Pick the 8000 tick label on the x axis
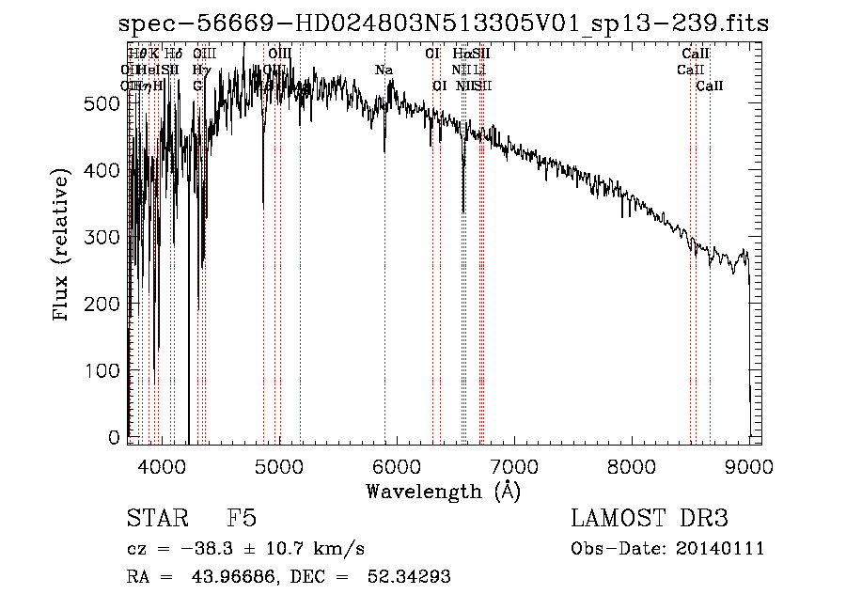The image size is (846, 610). [x=631, y=466]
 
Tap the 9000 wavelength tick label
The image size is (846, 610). [x=747, y=466]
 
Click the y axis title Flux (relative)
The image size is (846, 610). [x=63, y=247]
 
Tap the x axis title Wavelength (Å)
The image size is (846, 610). [x=443, y=491]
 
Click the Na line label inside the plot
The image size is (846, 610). [x=384, y=70]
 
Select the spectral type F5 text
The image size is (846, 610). [x=243, y=519]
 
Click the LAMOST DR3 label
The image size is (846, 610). [x=650, y=519]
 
